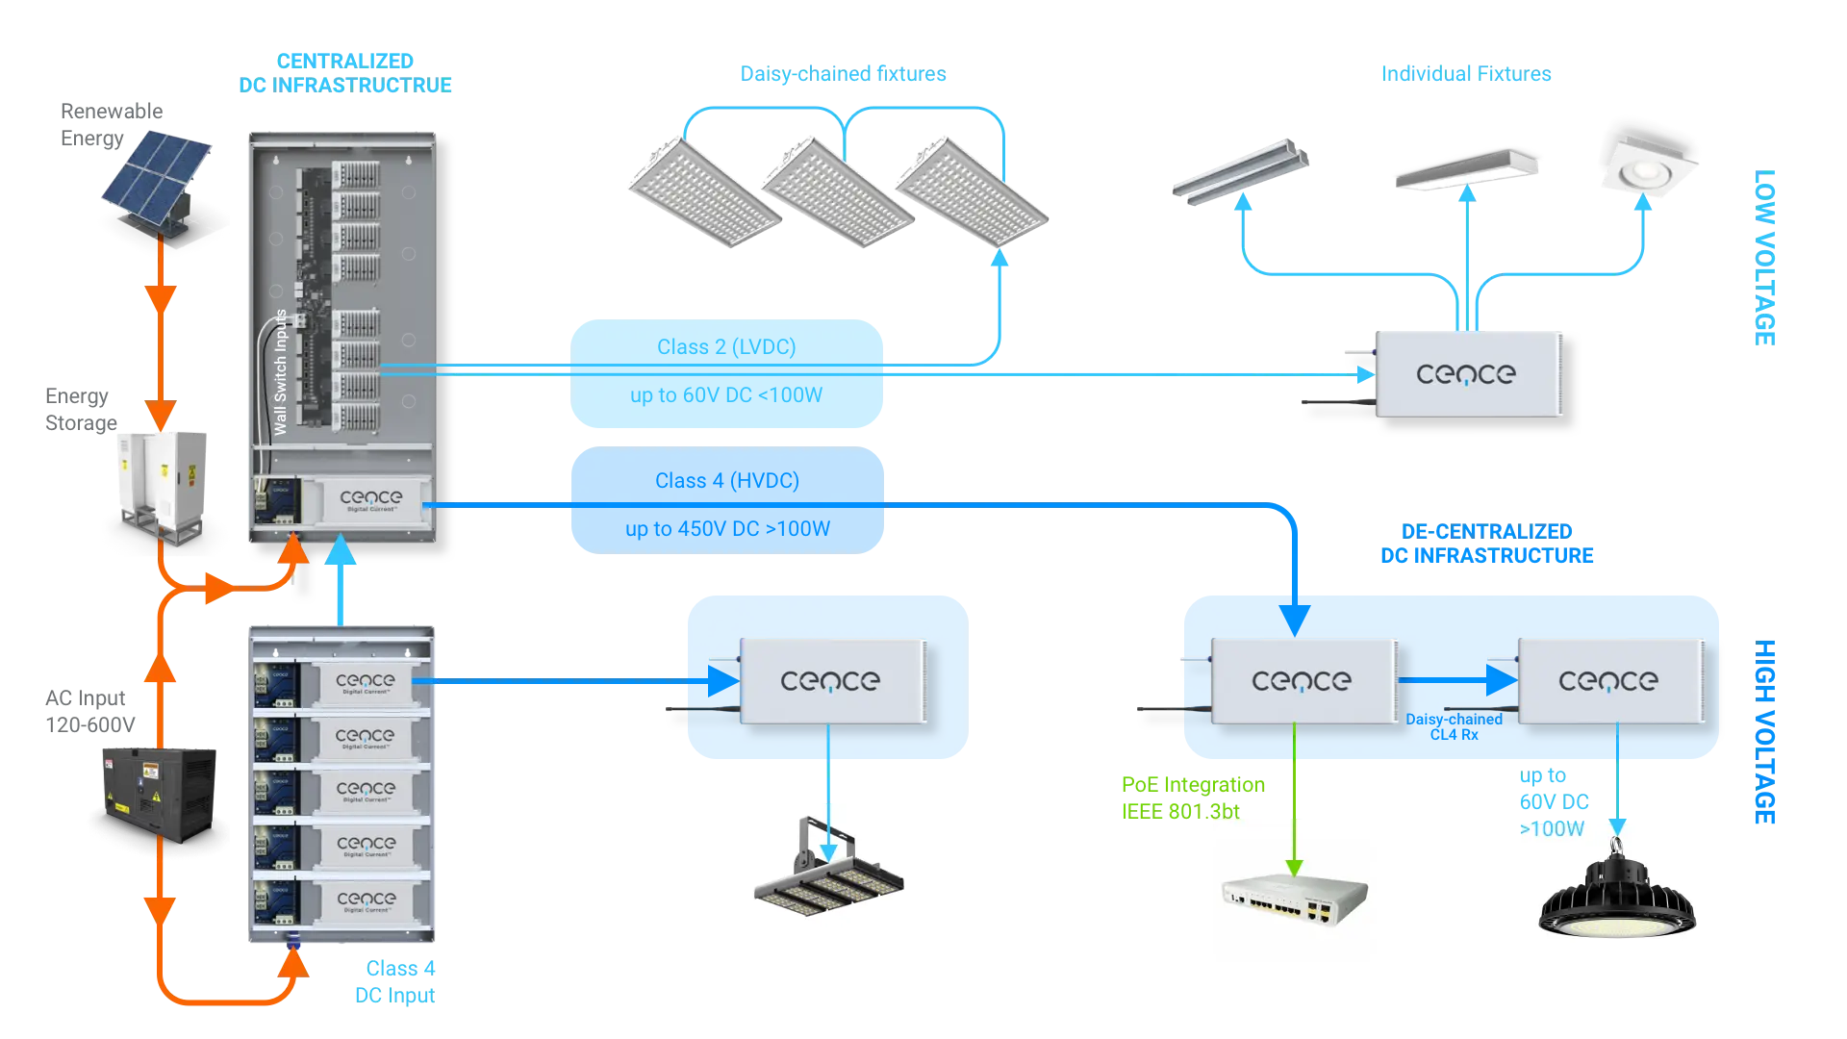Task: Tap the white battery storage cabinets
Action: click(161, 481)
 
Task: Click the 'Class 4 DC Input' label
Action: click(397, 981)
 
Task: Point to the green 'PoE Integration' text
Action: click(1193, 784)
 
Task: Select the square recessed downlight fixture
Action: click(1649, 169)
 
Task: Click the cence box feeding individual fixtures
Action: click(1468, 374)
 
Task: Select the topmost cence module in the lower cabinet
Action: click(366, 683)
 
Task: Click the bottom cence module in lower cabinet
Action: click(366, 900)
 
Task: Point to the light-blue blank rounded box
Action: click(726, 373)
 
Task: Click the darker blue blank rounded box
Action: click(726, 500)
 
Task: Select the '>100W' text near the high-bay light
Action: click(1551, 830)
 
